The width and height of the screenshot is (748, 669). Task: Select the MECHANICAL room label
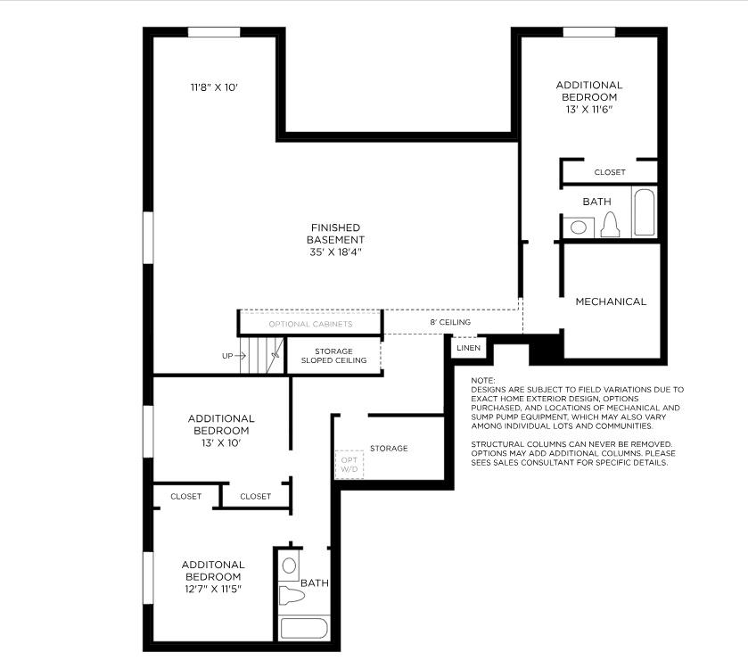611,301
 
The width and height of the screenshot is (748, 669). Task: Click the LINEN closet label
468,348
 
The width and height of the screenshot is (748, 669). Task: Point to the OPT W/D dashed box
349,464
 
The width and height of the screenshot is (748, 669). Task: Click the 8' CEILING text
450,322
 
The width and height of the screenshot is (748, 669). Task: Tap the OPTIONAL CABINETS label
309,324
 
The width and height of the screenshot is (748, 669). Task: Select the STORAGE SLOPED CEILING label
333,356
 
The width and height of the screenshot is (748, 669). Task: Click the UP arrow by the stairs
234,356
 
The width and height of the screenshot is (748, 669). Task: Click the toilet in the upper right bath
610,225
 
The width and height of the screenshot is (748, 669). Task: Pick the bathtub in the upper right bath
644,212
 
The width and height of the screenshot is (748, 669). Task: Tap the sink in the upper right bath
579,227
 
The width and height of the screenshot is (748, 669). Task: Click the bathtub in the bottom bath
306,627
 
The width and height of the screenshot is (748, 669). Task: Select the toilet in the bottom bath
292,594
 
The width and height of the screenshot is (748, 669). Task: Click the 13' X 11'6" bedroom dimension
588,108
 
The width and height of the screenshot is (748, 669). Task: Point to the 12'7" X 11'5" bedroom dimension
213,589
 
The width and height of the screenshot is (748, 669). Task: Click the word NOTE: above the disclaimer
482,381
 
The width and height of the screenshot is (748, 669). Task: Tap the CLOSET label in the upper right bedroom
610,172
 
